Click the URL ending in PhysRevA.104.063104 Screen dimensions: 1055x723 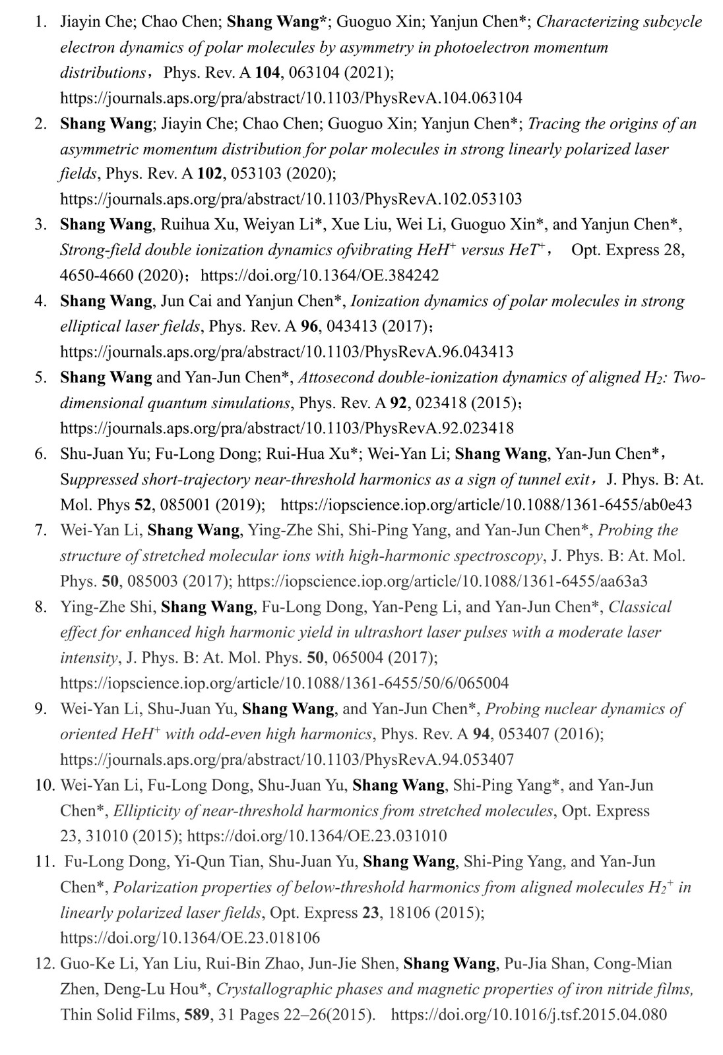[291, 98]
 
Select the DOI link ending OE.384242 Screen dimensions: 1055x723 [319, 276]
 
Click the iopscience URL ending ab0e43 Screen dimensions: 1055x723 [486, 505]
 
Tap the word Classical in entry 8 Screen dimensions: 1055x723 [639, 607]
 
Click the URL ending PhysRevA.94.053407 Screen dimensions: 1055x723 [287, 760]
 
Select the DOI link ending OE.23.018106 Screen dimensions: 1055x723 [190, 938]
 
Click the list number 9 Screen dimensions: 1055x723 [40, 709]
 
